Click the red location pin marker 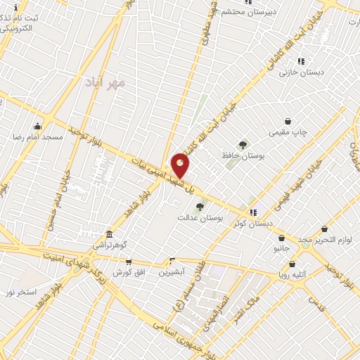[x=181, y=165]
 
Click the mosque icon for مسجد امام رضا [x=37, y=127]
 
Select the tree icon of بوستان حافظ [x=243, y=145]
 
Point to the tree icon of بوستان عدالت [x=200, y=207]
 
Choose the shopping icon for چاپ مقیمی [x=288, y=122]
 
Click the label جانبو [x=281, y=248]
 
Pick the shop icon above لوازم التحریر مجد [x=324, y=229]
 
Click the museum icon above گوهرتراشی [x=109, y=234]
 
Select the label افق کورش [x=129, y=271]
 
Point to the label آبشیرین [x=172, y=271]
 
